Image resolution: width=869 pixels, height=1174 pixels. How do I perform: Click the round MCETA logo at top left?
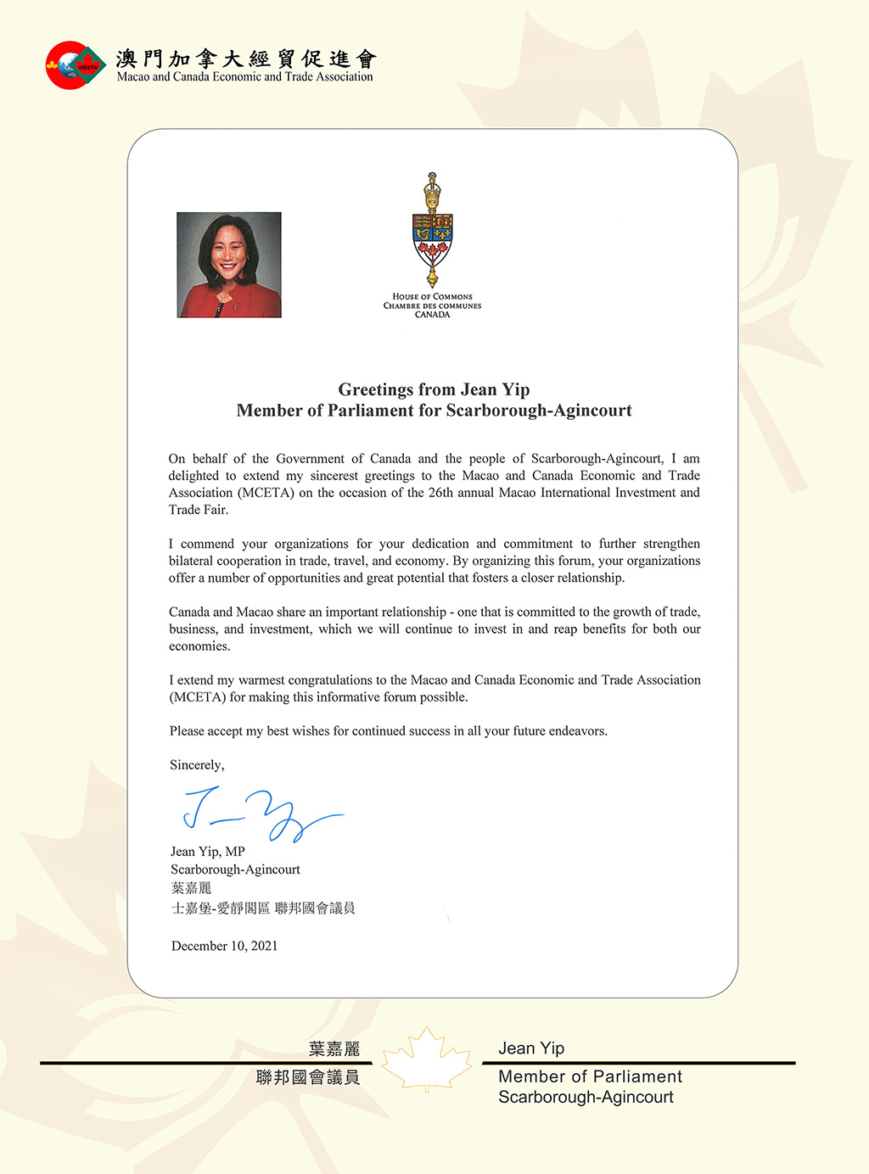point(75,65)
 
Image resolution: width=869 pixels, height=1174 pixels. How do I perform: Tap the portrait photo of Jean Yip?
point(229,265)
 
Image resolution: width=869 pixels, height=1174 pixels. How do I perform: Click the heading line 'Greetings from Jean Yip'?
point(434,389)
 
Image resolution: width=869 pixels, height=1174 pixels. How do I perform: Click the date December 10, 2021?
point(224,946)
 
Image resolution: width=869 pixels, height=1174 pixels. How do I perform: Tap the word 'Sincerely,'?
point(197,764)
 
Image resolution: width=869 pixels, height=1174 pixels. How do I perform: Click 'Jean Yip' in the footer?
point(531,1048)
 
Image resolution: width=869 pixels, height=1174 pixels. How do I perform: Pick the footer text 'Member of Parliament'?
point(590,1076)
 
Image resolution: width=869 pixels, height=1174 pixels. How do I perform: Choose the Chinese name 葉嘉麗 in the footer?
point(334,1049)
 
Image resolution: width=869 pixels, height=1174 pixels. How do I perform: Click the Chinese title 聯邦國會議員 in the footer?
point(308,1077)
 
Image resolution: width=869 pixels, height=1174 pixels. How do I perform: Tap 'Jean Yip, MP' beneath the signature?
point(208,852)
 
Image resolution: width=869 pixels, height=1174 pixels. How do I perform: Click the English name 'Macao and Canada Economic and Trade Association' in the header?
point(244,76)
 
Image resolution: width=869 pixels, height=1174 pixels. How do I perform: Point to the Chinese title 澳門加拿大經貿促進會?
point(246,58)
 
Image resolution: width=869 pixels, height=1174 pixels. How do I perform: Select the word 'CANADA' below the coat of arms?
point(432,315)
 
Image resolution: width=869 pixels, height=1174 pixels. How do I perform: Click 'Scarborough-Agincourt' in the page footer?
point(586,1097)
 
